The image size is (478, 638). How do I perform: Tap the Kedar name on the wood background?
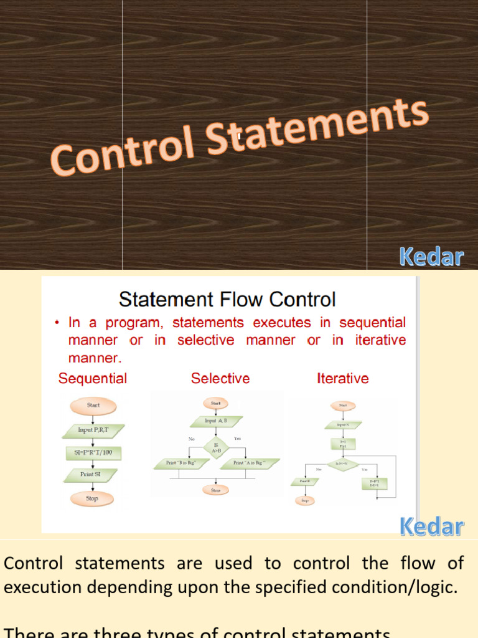(x=431, y=256)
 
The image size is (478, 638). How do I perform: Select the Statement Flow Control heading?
(x=227, y=300)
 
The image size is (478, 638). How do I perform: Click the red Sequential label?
(x=93, y=378)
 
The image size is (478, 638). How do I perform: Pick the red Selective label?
(x=220, y=378)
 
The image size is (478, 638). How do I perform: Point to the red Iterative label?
(x=342, y=378)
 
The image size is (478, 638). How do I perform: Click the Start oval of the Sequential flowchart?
(x=93, y=406)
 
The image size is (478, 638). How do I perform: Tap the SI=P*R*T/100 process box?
(x=93, y=452)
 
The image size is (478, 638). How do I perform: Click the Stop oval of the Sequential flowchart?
(x=92, y=498)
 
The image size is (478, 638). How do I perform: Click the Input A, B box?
(x=215, y=421)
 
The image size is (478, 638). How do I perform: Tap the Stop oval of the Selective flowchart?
(x=215, y=490)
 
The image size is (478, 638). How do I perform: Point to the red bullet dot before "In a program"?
(x=57, y=323)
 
